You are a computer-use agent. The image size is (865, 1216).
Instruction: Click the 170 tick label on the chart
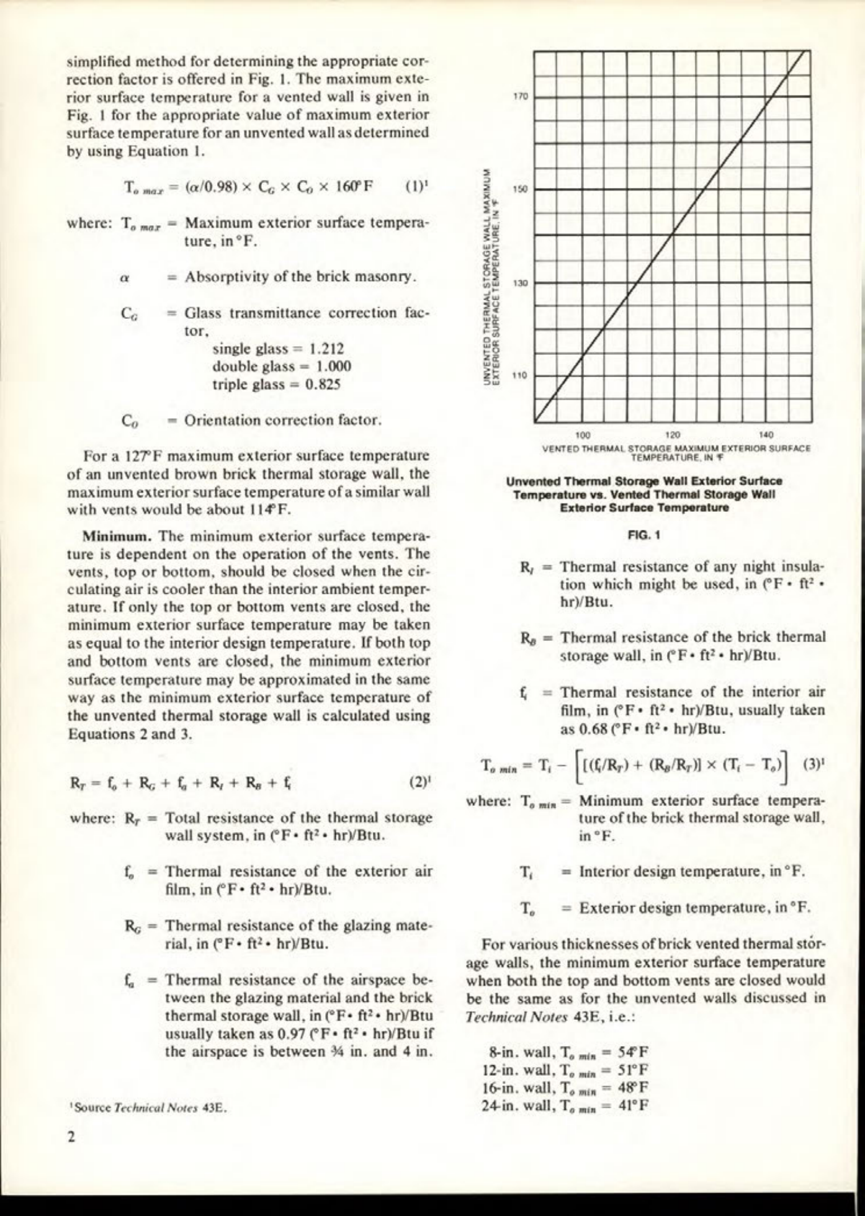[520, 97]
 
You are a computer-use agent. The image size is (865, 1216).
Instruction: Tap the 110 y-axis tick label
[520, 376]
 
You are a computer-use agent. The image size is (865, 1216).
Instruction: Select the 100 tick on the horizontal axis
[583, 436]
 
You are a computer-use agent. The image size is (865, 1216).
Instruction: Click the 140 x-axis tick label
[765, 436]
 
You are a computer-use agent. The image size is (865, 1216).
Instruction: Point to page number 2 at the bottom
[72, 1137]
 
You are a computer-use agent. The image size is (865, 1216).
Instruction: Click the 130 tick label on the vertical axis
[520, 284]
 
